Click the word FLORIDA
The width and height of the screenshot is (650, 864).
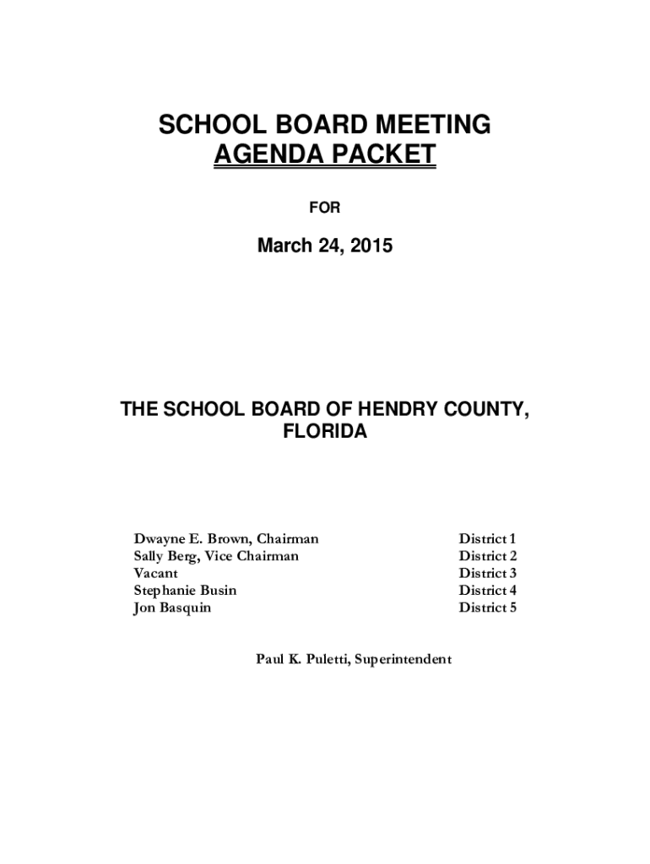pyautogui.click(x=325, y=432)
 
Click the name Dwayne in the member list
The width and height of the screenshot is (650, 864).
pyautogui.click(x=158, y=538)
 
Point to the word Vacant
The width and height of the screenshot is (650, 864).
pyautogui.click(x=155, y=573)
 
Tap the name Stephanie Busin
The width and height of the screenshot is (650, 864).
pyautogui.click(x=185, y=590)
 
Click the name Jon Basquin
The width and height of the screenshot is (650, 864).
pyautogui.click(x=172, y=607)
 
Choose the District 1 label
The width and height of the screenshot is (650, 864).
pyautogui.click(x=487, y=538)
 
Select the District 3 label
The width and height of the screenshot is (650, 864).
pyautogui.click(x=487, y=573)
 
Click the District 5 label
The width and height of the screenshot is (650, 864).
pyautogui.click(x=487, y=607)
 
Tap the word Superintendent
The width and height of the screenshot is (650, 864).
pyautogui.click(x=403, y=659)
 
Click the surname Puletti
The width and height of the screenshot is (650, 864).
pyautogui.click(x=325, y=659)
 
